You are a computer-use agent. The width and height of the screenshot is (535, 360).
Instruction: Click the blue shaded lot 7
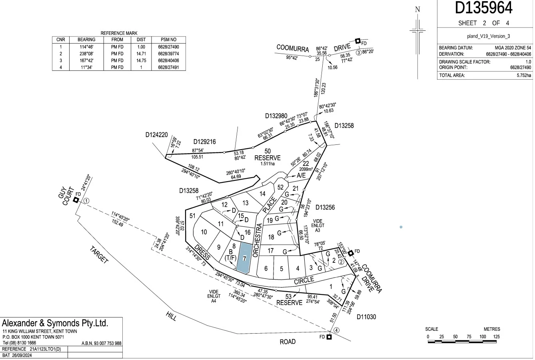click(x=244, y=258)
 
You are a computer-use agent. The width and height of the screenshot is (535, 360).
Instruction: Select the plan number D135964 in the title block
click(x=484, y=8)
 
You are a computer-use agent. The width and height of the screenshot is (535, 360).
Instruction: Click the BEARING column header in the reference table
click(x=86, y=40)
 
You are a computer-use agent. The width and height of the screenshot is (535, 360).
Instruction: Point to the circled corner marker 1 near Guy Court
click(x=86, y=201)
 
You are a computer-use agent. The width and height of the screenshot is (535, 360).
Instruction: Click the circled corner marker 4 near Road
click(x=337, y=330)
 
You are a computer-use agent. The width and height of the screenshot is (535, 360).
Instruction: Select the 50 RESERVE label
click(x=267, y=155)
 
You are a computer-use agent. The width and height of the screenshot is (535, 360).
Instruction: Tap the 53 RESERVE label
click(x=289, y=300)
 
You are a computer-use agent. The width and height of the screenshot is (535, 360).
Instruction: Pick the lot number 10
click(x=204, y=232)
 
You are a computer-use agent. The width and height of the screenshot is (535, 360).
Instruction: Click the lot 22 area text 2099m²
click(x=305, y=170)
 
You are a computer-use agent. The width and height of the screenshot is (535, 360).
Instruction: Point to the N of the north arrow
click(x=418, y=10)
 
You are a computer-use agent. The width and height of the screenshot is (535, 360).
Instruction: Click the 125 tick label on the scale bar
click(x=496, y=337)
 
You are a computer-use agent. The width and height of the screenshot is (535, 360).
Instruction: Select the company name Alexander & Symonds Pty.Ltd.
click(x=56, y=323)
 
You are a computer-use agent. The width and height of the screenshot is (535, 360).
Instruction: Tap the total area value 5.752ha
click(x=523, y=75)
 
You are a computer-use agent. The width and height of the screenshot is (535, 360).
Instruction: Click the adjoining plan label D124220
click(x=156, y=135)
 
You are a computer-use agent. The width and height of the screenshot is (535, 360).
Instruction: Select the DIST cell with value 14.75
click(x=141, y=60)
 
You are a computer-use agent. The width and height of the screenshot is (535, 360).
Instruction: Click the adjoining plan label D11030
click(x=366, y=317)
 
